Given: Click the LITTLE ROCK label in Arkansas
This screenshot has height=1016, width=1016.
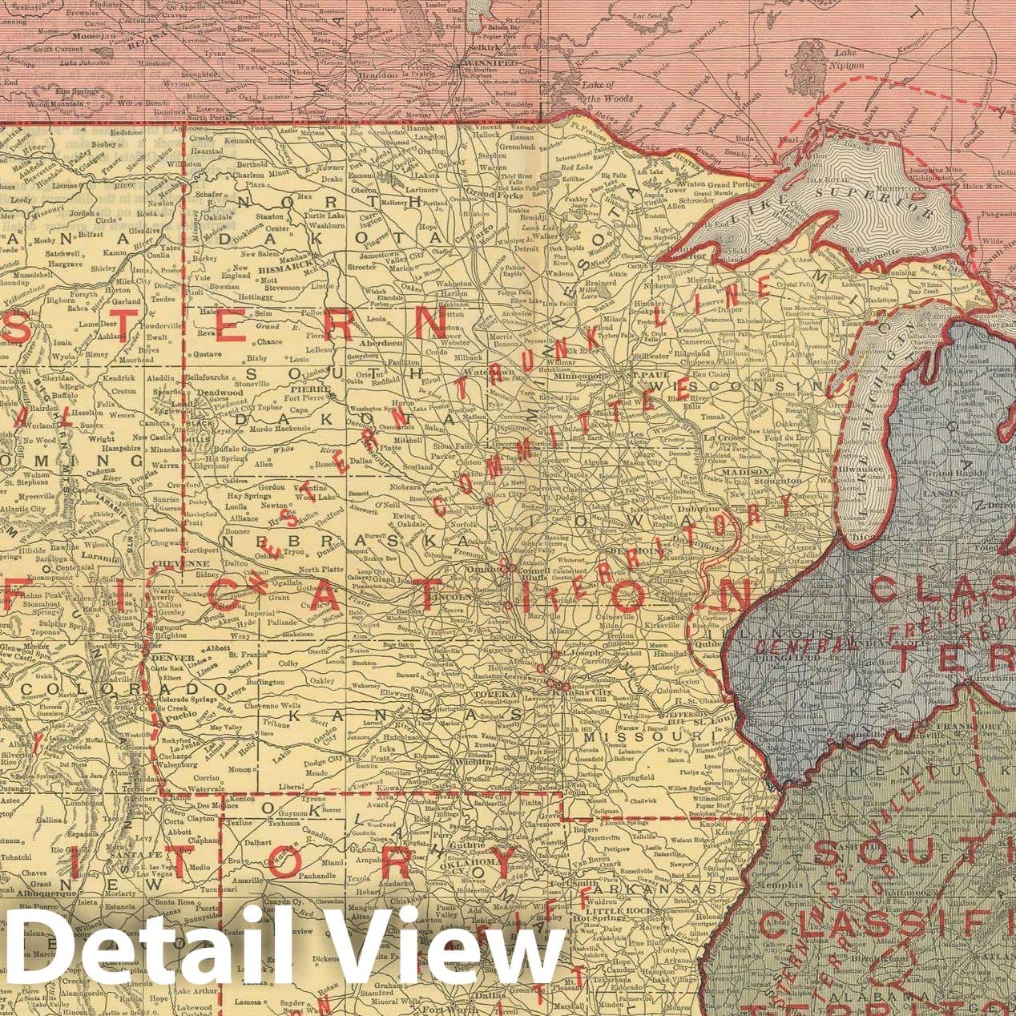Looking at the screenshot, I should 613,912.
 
